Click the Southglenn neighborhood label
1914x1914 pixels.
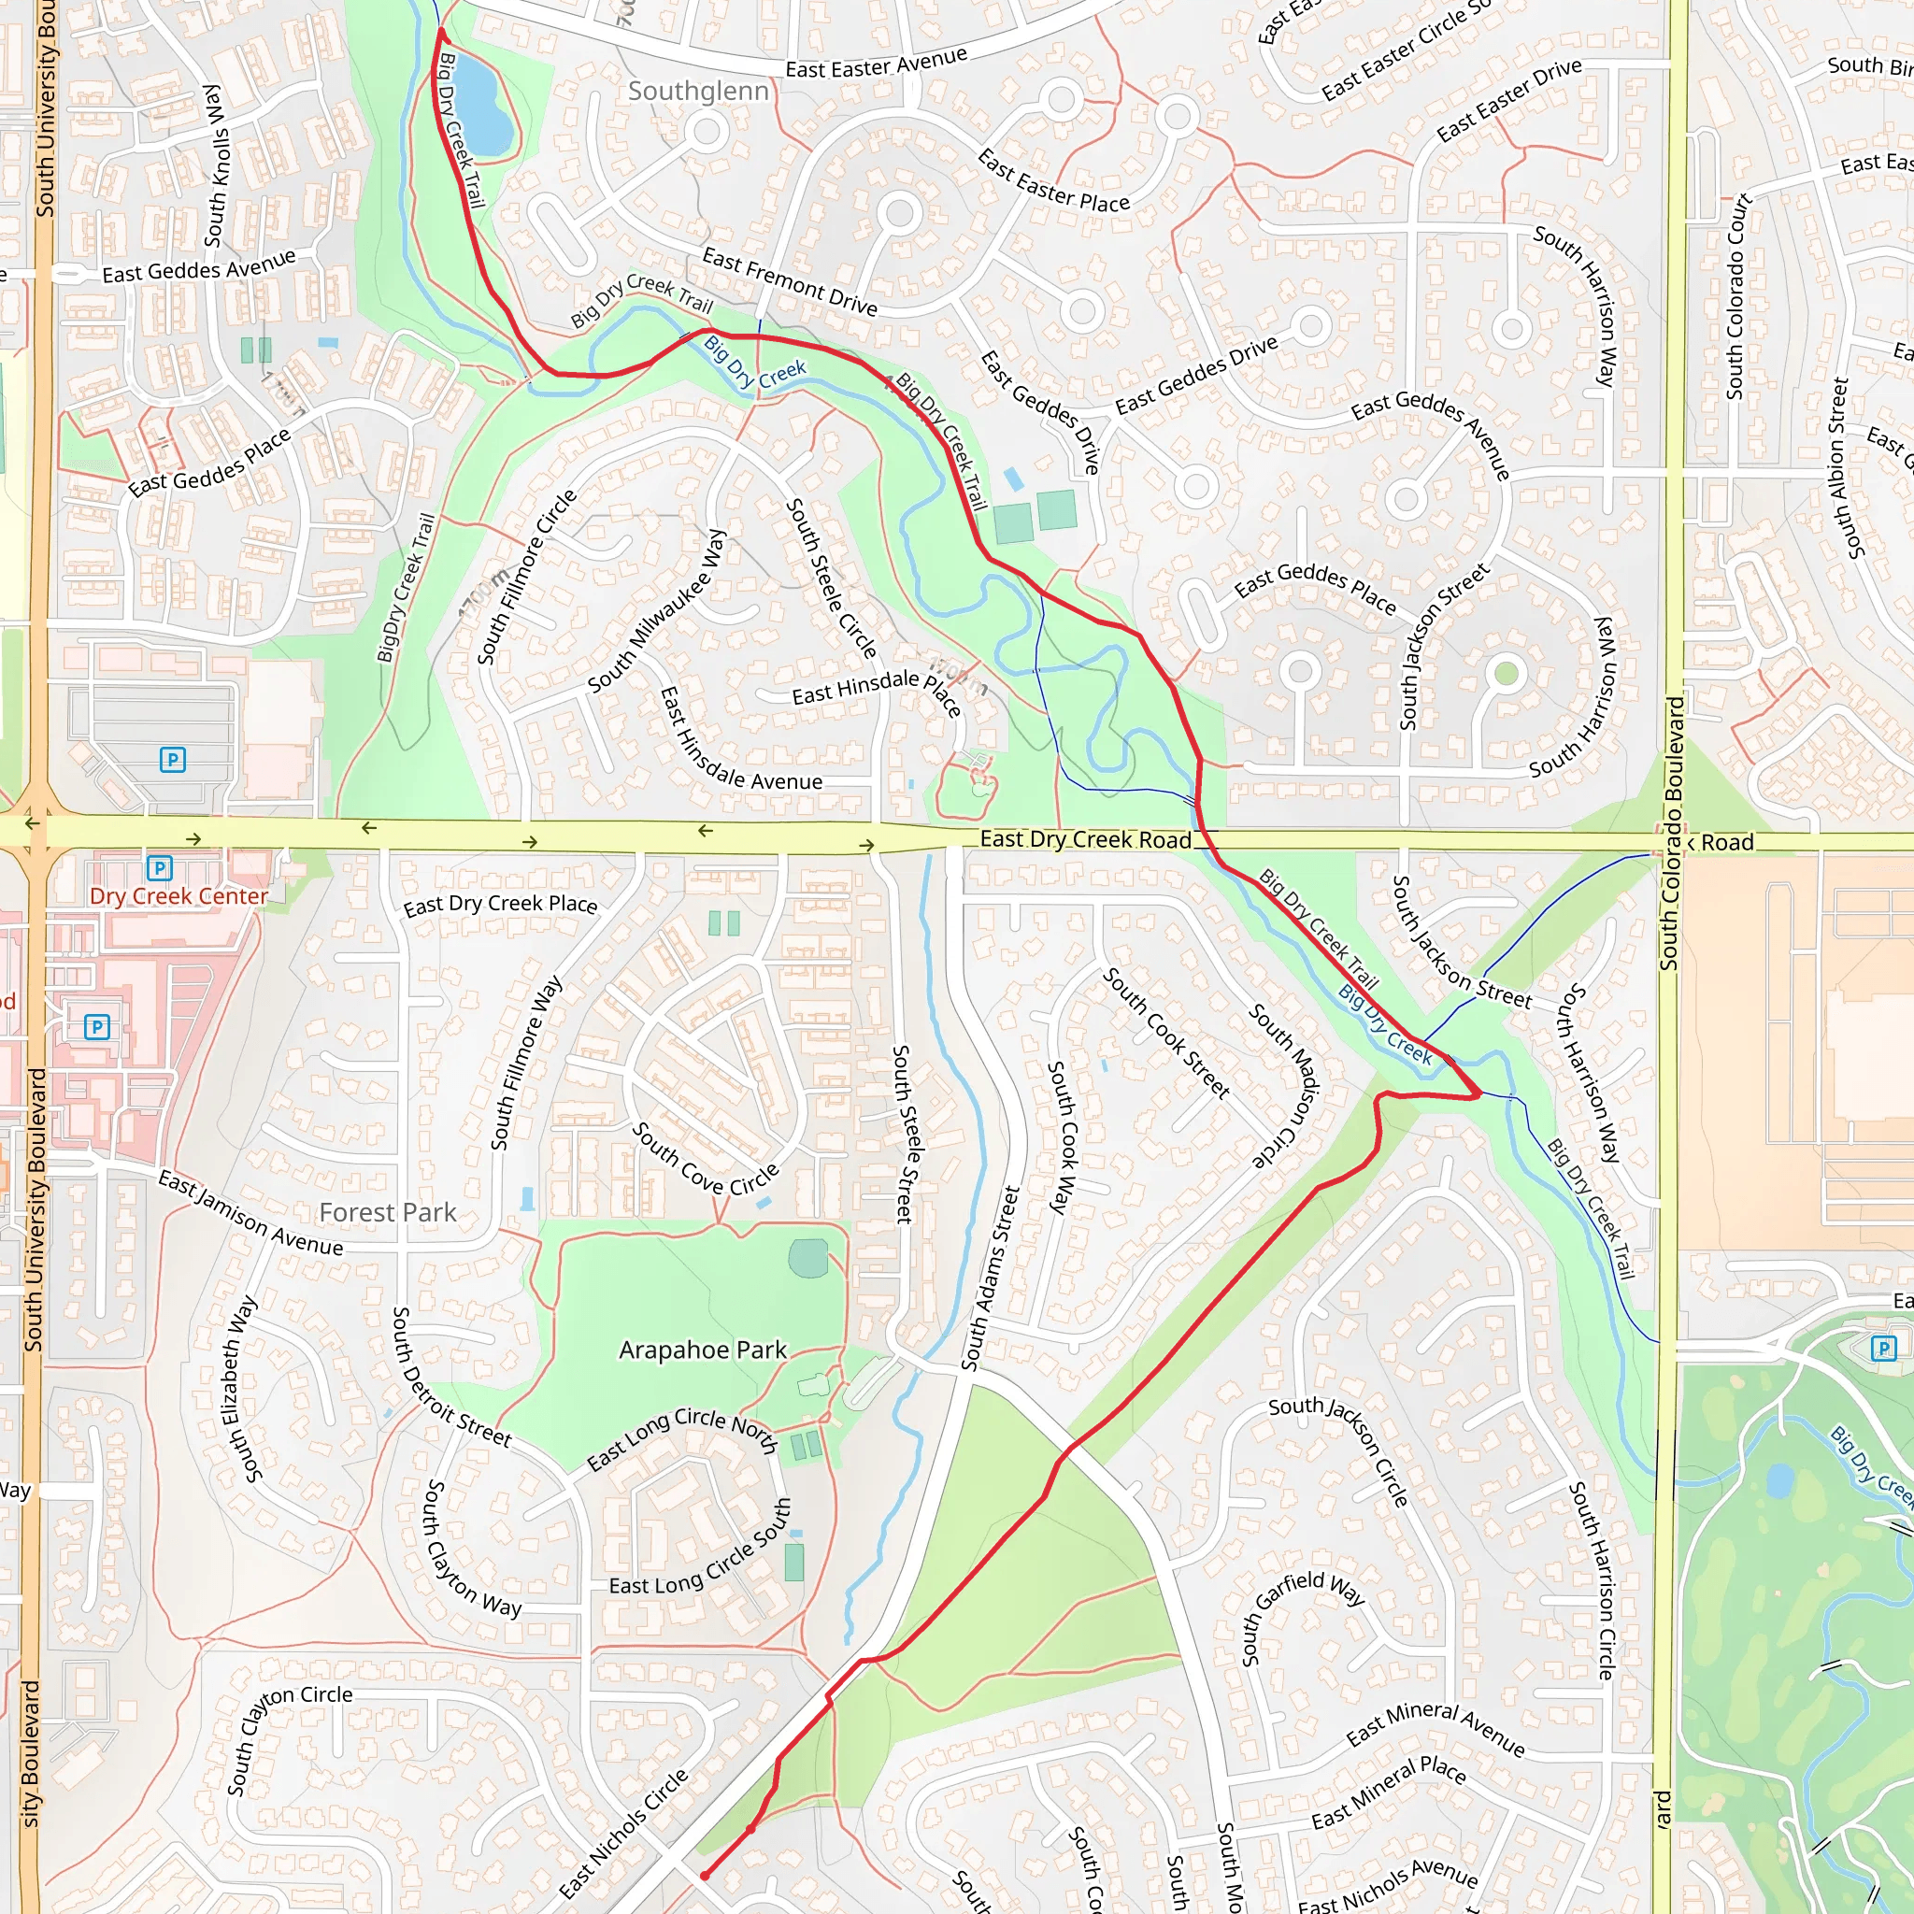(x=698, y=92)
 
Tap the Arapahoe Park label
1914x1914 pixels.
(x=703, y=1350)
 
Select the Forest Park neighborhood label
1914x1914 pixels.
(x=387, y=1212)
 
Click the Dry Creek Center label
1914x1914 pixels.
(x=179, y=896)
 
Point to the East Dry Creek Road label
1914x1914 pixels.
(x=1085, y=840)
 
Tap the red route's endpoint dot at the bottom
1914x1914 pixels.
(x=705, y=1876)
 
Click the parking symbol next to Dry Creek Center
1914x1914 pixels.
(x=160, y=869)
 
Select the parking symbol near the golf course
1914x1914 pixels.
(x=1883, y=1349)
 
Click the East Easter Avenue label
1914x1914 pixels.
(x=876, y=63)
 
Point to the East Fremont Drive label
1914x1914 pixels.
(x=790, y=282)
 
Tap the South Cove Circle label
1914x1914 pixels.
(x=706, y=1160)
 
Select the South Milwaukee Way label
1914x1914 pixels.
(x=658, y=612)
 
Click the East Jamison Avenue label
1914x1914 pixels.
(x=250, y=1215)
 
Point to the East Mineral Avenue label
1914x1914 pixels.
(x=1435, y=1729)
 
